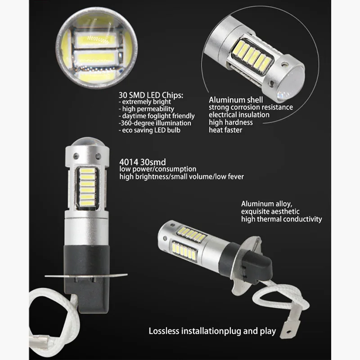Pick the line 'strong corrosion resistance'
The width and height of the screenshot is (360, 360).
click(250, 107)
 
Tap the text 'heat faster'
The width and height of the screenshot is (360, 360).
click(225, 130)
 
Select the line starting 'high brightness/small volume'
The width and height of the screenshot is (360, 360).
click(181, 176)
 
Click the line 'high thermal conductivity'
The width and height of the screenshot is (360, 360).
click(281, 219)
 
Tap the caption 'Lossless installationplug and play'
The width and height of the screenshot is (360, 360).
click(212, 332)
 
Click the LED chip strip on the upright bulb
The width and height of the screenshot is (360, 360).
click(88, 186)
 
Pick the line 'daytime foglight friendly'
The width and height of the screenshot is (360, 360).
click(155, 116)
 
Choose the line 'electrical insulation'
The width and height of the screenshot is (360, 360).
click(239, 115)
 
